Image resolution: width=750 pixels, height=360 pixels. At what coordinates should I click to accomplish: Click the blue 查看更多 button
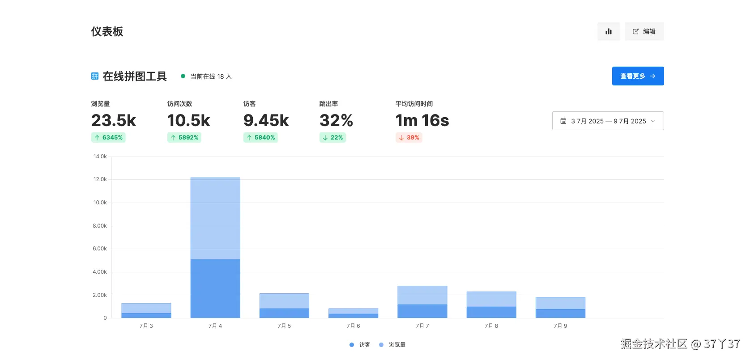click(638, 76)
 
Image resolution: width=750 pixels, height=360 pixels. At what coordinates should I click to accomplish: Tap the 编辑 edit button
click(644, 31)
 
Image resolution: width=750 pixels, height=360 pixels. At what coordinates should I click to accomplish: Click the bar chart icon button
click(609, 31)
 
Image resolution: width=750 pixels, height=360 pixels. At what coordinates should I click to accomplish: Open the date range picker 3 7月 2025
click(608, 121)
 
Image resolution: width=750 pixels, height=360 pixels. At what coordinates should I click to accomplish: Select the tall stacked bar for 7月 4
click(215, 248)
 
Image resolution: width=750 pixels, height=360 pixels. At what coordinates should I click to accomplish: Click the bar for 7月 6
click(353, 313)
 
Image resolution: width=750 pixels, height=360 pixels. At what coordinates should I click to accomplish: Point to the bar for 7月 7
click(422, 302)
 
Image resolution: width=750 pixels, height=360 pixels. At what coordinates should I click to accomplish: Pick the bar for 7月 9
click(561, 308)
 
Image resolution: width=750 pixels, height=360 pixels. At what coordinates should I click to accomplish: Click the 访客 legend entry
click(360, 345)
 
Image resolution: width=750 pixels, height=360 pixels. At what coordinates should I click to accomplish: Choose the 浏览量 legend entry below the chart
click(392, 345)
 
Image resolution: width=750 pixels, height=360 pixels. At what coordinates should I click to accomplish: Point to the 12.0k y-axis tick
click(100, 179)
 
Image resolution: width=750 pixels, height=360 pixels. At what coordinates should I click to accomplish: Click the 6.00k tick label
click(99, 249)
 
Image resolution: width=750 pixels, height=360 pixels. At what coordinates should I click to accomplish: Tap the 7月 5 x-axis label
click(284, 326)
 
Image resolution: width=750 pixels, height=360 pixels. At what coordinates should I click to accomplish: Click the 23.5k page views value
click(114, 120)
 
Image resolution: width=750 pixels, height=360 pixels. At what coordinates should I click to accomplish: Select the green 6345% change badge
click(108, 137)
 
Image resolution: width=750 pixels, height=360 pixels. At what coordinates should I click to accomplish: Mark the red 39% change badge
click(409, 137)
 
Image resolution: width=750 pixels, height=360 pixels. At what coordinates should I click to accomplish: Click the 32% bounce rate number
click(336, 120)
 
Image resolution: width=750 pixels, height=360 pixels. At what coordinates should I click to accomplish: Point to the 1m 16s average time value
click(422, 120)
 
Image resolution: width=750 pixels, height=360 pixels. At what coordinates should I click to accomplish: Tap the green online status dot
click(183, 76)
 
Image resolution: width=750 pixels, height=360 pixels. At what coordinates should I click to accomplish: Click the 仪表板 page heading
click(107, 31)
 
